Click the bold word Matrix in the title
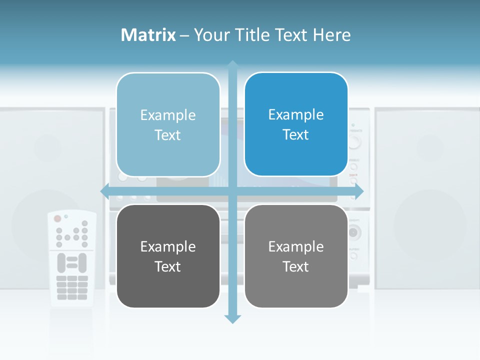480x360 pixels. [x=148, y=35]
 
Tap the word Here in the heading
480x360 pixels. [x=331, y=35]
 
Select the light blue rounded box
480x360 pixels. [x=168, y=124]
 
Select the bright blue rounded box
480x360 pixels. [x=296, y=124]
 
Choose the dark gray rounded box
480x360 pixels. [x=168, y=256]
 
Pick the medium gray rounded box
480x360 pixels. [x=296, y=256]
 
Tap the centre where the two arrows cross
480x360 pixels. [x=232, y=191]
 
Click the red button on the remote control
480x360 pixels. [x=57, y=218]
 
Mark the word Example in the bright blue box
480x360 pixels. [x=296, y=114]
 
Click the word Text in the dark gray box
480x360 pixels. [x=168, y=266]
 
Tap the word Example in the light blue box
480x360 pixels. [x=168, y=115]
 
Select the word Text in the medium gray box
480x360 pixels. [x=296, y=266]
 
